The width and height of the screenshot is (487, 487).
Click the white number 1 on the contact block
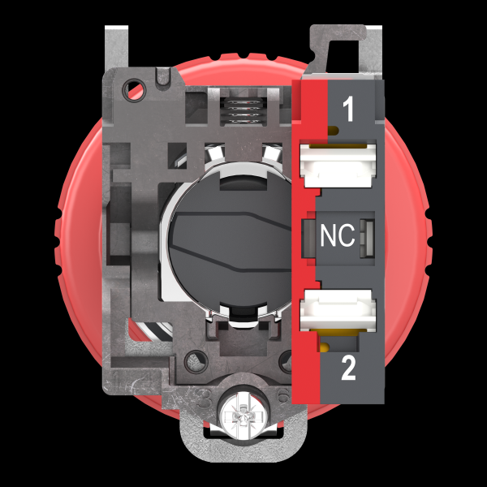pyautogui.click(x=348, y=109)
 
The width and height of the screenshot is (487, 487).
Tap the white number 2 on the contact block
pyautogui.click(x=348, y=368)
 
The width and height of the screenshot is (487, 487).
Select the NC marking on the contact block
pyautogui.click(x=338, y=235)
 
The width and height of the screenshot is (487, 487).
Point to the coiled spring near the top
pyautogui.click(x=243, y=111)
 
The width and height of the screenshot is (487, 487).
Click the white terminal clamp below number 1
pyautogui.click(x=338, y=165)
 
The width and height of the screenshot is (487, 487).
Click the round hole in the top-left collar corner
pyautogui.click(x=135, y=90)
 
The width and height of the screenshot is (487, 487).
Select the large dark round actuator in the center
pyautogui.click(x=231, y=239)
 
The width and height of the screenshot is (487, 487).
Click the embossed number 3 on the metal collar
pyautogui.click(x=205, y=399)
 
